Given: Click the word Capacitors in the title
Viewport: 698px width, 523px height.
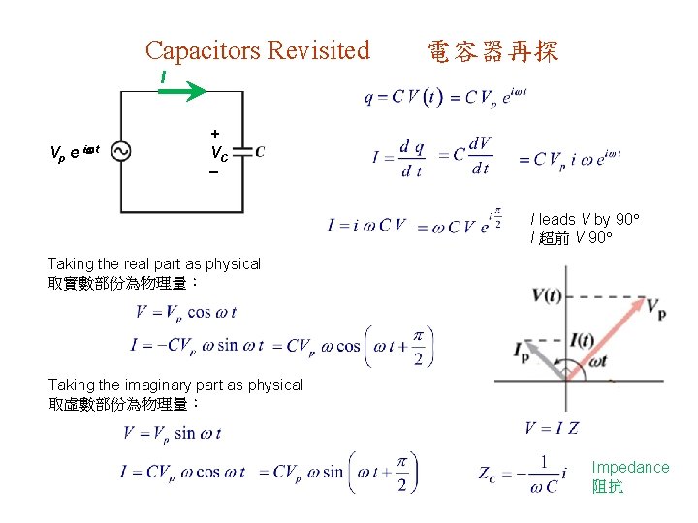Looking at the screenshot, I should coord(202,50).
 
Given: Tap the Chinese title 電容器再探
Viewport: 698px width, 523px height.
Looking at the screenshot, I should coord(492,51).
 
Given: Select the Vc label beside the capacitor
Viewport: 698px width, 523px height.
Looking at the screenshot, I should coord(219,152).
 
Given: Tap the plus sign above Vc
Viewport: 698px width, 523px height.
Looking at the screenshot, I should coord(215,133).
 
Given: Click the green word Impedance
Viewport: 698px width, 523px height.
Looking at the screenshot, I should coord(630,467).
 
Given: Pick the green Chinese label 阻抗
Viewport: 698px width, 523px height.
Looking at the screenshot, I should coord(608,486).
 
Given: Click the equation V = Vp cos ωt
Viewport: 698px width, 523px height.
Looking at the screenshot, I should coord(186,313).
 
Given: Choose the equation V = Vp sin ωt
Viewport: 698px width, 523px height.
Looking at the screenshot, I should coord(172,433).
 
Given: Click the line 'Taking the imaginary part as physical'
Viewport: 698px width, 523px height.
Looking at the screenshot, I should coord(175,385).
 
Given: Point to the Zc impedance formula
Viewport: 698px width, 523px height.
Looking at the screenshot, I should coord(522,474).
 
